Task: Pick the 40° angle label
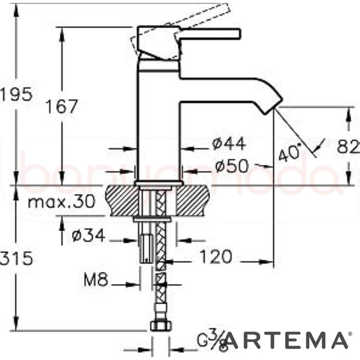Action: tap(289, 152)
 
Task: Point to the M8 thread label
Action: tap(95, 281)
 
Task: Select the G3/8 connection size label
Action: tap(212, 340)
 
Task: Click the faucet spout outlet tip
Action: tap(272, 109)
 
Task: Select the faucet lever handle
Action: tap(207, 34)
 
